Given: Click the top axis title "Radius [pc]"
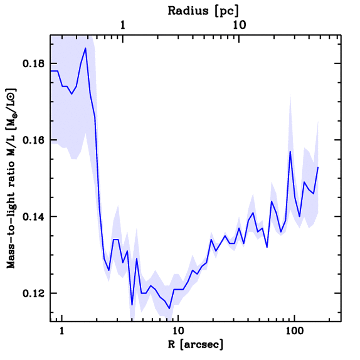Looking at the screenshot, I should coord(203,11).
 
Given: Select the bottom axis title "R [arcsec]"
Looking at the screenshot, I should coord(195,345).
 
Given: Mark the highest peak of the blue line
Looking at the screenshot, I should coord(85,48).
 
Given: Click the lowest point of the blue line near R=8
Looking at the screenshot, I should coord(169,308).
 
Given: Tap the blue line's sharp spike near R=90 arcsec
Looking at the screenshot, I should coord(290,151).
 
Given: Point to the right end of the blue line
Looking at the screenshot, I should coord(318,167).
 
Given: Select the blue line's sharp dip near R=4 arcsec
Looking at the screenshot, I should coord(132,305).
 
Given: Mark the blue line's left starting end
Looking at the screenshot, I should coord(51,71).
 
